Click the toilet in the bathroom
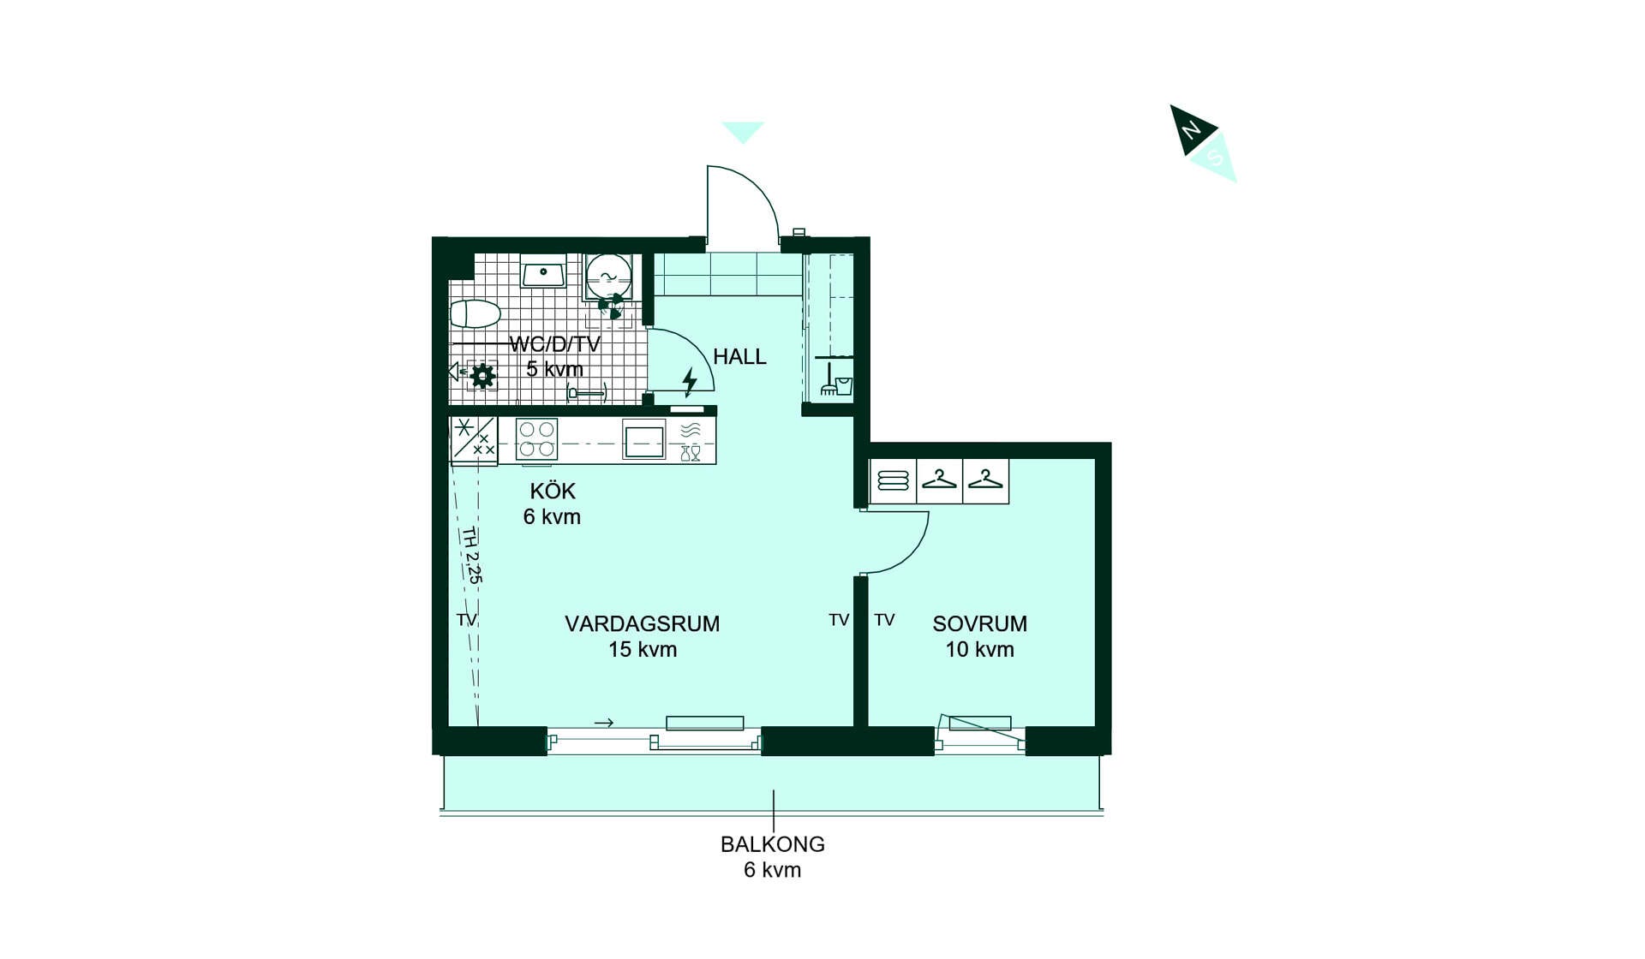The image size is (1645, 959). [475, 314]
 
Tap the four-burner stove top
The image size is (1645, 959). [537, 439]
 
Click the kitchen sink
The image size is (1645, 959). [643, 441]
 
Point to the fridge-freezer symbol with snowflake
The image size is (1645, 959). [474, 440]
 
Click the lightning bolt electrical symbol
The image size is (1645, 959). [690, 381]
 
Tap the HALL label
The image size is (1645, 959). [739, 356]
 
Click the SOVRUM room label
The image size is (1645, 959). [979, 623]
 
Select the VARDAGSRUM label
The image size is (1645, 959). [642, 623]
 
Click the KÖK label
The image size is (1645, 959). [553, 491]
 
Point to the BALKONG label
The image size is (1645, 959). [772, 844]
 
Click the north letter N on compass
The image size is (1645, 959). [1191, 130]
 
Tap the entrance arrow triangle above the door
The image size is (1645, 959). [743, 132]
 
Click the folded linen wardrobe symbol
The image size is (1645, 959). [893, 480]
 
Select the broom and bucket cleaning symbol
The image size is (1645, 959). [836, 380]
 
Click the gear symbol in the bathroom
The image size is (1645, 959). [483, 375]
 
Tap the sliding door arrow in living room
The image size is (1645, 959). [604, 723]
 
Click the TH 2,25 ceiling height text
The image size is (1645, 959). [472, 555]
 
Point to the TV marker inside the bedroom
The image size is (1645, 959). [884, 620]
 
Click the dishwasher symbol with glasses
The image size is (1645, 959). [691, 441]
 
